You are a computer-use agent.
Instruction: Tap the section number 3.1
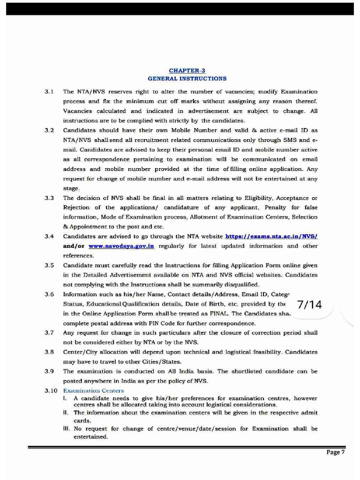point(49,92)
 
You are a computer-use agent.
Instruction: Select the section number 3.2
point(49,130)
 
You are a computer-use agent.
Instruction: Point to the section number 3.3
point(49,197)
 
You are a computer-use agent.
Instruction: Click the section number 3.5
point(49,265)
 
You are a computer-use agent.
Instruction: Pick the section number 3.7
point(49,333)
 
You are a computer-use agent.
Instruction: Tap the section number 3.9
point(49,371)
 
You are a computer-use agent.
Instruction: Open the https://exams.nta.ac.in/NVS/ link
point(271,236)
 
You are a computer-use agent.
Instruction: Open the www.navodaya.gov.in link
point(121,246)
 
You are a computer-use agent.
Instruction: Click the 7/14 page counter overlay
point(309,305)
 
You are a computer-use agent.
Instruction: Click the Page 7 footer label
point(336,452)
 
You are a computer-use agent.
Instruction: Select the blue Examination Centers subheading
point(93,390)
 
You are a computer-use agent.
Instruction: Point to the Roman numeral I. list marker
point(65,398)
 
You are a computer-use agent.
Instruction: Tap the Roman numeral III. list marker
point(67,429)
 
